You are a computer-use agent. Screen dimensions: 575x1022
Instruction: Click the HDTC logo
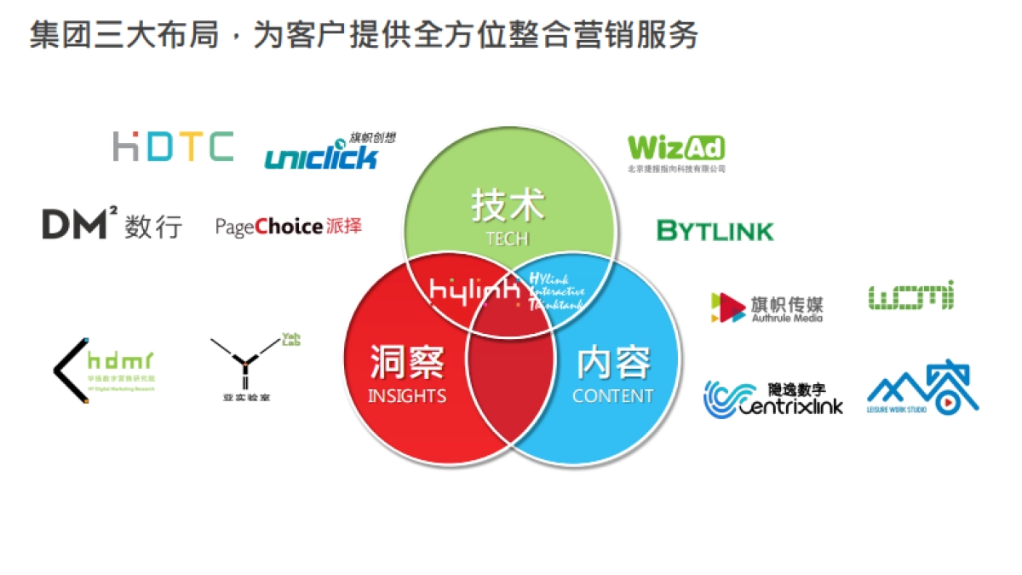173,147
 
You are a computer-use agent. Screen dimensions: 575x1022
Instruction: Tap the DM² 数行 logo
112,225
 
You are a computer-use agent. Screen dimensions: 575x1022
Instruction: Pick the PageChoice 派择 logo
289,227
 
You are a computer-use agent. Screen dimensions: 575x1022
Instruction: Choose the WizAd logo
676,151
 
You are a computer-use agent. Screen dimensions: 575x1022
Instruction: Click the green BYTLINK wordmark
715,231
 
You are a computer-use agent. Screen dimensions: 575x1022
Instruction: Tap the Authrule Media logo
766,308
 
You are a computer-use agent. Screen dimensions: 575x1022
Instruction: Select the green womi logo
910,296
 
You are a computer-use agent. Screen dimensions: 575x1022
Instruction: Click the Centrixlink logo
773,398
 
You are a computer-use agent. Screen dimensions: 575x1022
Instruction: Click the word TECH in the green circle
508,239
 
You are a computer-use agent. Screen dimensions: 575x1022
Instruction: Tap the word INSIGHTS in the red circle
407,396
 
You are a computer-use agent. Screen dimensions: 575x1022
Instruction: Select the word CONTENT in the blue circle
612,396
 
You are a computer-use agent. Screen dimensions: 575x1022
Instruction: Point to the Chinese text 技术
508,206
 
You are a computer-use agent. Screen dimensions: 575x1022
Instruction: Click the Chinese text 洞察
407,363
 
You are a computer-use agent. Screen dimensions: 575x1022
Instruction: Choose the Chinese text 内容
613,363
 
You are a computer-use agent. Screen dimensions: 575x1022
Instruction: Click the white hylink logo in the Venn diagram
475,290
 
